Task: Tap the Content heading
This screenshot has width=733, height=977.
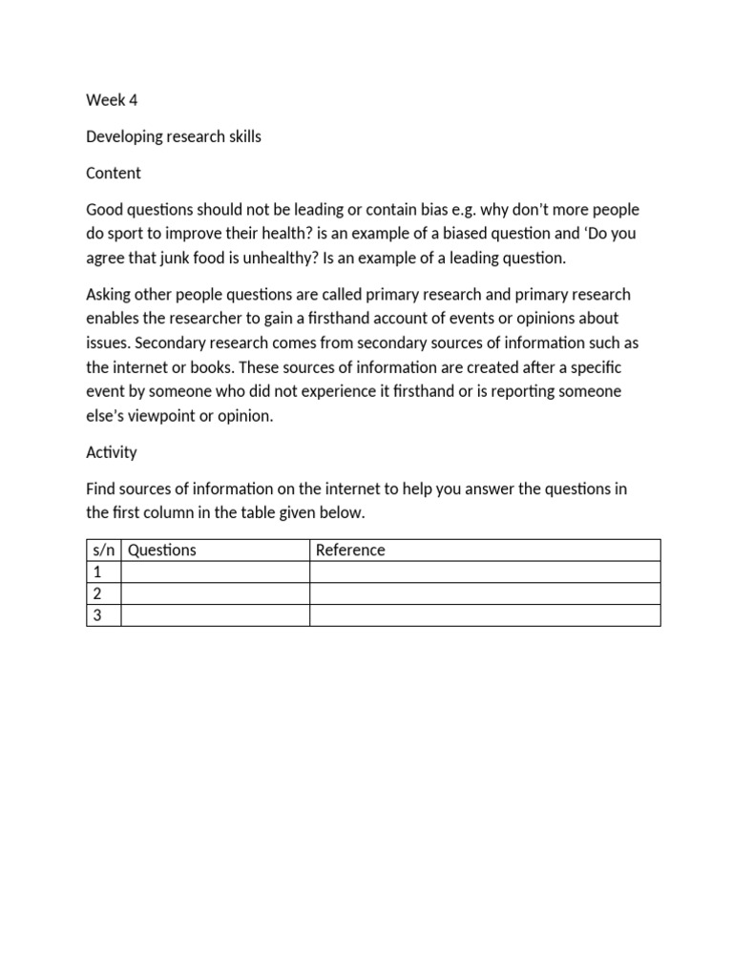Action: pos(114,173)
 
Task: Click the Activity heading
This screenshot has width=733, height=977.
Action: pos(112,452)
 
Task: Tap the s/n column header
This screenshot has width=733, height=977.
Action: pos(103,550)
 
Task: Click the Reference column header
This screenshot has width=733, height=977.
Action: pos(350,550)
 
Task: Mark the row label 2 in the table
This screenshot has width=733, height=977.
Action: pos(96,593)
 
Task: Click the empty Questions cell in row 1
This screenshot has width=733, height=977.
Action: pos(215,572)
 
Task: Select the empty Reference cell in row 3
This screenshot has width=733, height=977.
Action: pos(485,615)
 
